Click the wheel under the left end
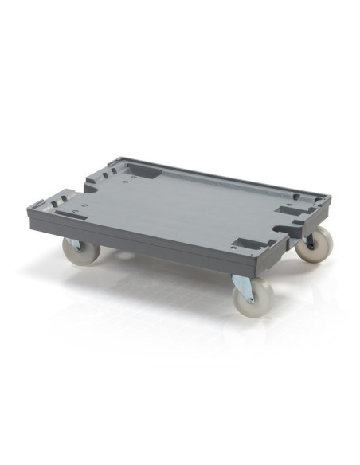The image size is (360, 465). point(82,250)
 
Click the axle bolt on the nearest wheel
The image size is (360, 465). point(253,296)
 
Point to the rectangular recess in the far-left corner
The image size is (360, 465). point(143,170)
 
